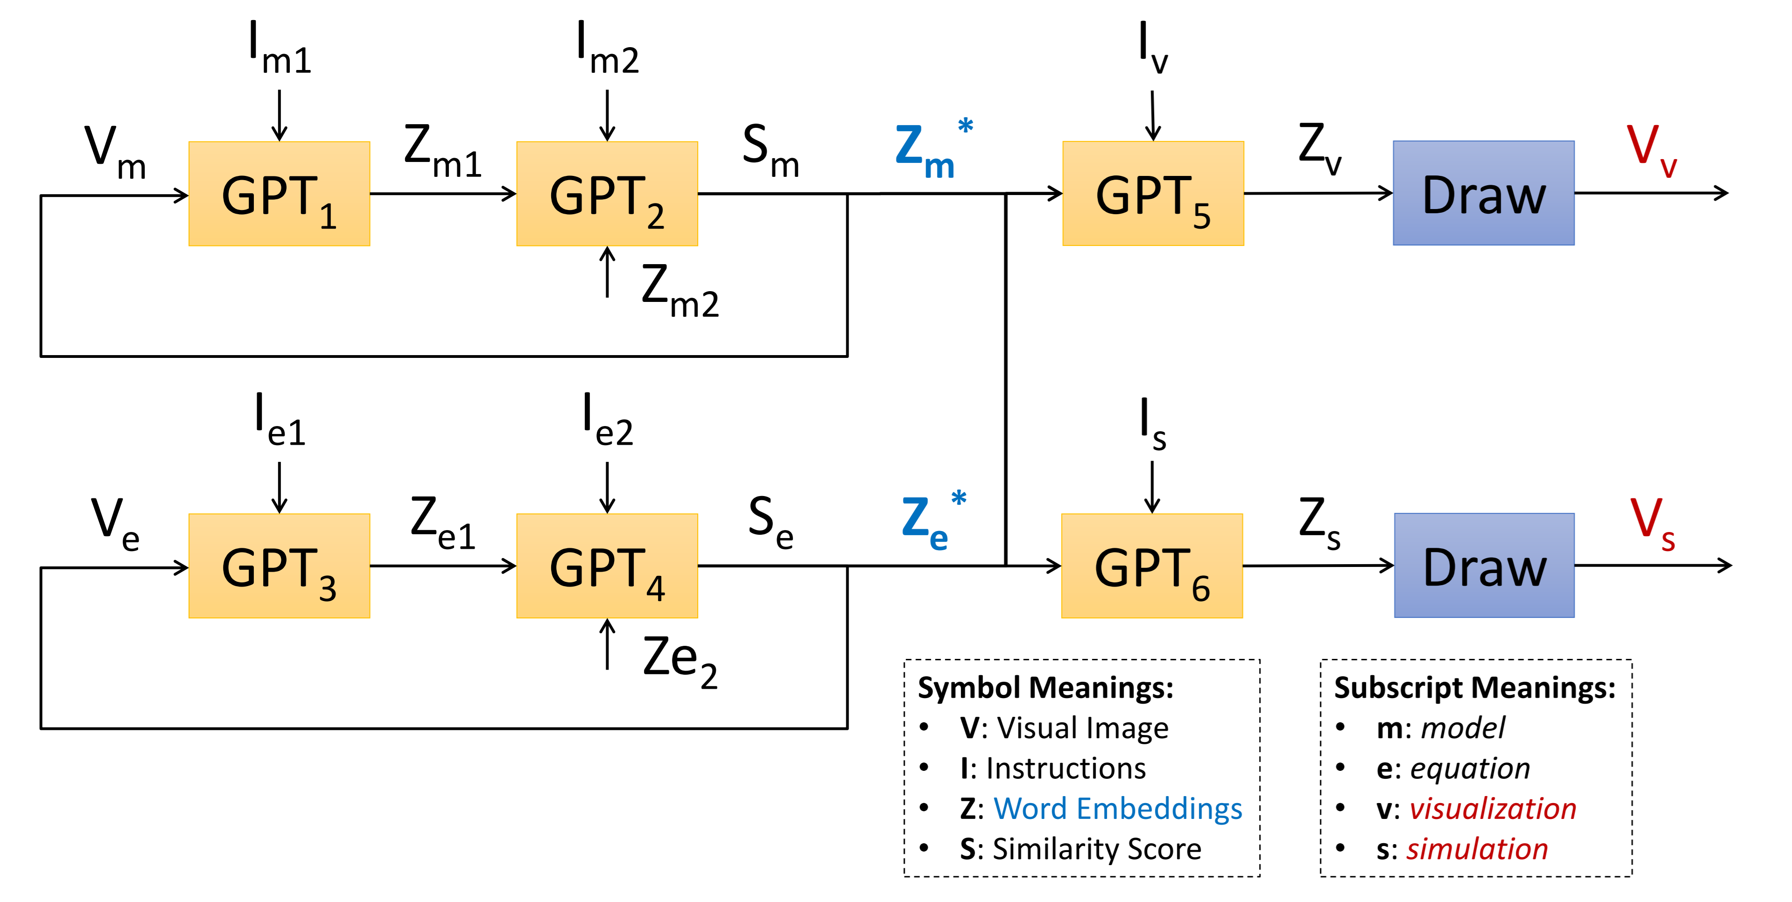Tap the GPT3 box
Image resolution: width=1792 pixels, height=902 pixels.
(x=279, y=566)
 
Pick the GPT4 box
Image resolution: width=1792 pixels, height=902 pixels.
(x=607, y=566)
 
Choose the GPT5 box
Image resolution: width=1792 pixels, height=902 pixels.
(x=1153, y=193)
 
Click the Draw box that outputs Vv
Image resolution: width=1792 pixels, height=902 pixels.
(x=1483, y=193)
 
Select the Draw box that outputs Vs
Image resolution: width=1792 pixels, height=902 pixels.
(x=1484, y=566)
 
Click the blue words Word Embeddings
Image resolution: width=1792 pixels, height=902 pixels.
(x=1117, y=808)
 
